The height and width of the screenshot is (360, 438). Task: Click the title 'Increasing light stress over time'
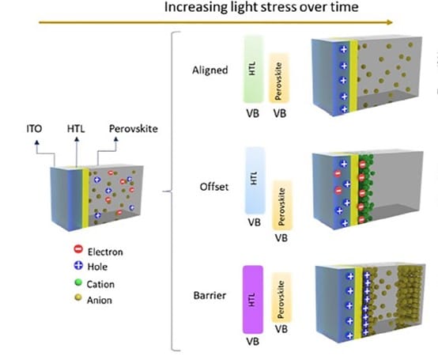coord(261,7)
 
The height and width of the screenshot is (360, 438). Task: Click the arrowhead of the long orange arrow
coord(390,22)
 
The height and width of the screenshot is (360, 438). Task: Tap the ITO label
coord(34,128)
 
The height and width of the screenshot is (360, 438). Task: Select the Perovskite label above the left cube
coord(134,128)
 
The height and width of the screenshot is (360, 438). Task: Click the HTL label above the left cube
coord(76,128)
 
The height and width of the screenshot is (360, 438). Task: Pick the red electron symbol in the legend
coord(78,248)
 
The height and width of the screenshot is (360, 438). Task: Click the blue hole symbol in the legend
coord(78,265)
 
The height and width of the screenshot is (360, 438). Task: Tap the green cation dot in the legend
coord(78,282)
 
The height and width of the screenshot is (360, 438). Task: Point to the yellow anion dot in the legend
coord(78,297)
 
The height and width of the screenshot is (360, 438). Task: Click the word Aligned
coord(210,70)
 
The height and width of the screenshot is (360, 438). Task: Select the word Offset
coord(214,187)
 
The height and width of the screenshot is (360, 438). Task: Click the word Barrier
coord(210,295)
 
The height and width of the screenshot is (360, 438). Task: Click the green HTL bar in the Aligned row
coord(253,70)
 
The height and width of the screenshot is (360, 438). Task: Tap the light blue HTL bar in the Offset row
coord(255,180)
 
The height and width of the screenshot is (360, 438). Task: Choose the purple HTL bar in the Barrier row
coord(253,300)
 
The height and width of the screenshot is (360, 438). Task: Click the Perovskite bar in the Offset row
coord(281,206)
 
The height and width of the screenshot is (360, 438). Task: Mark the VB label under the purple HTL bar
coord(252,342)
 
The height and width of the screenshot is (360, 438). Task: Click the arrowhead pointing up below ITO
coord(37,142)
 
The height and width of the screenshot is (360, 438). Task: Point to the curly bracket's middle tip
coord(164,191)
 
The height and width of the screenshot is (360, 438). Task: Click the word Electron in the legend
coord(105,252)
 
